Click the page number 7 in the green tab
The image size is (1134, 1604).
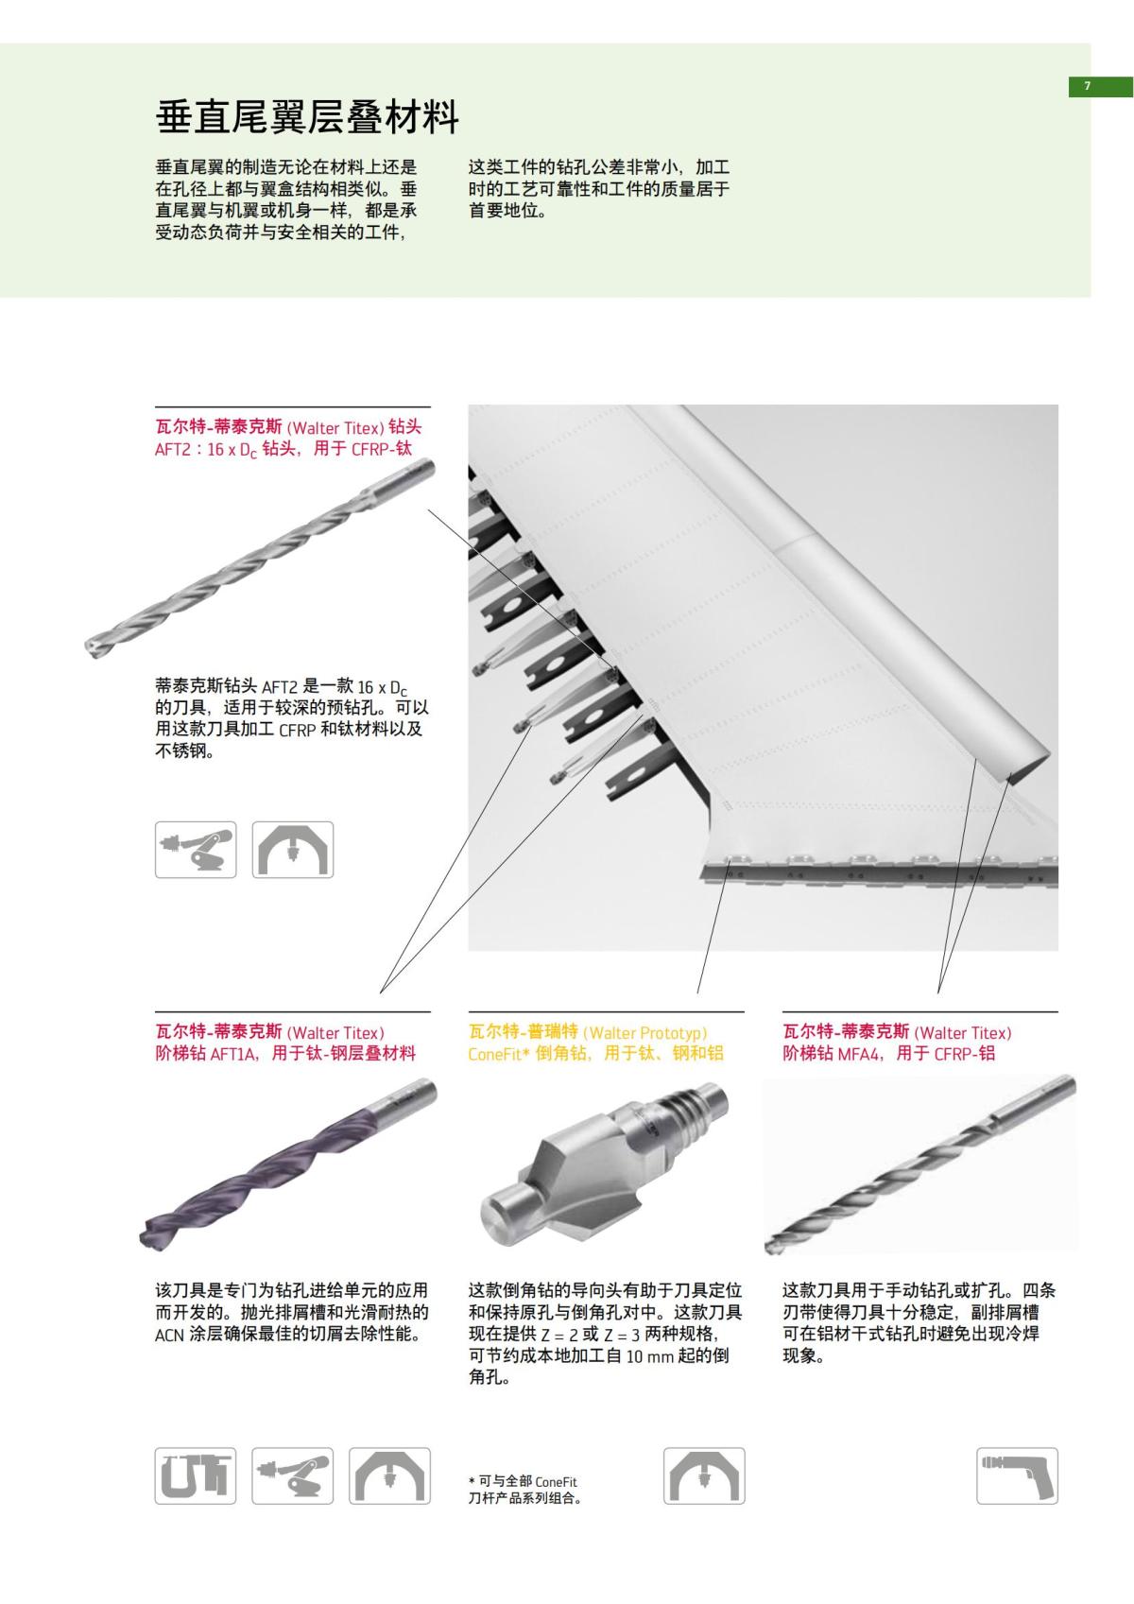tap(1087, 86)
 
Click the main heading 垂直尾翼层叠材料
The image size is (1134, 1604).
tap(307, 118)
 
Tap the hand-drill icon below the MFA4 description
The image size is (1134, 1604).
tap(1017, 1475)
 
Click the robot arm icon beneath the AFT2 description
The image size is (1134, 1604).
tap(197, 850)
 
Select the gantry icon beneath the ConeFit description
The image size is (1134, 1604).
tap(704, 1475)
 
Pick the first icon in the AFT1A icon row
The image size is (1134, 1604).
tap(196, 1475)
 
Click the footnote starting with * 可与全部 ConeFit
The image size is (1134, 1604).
tap(524, 1490)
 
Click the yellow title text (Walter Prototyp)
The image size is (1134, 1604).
tap(645, 1033)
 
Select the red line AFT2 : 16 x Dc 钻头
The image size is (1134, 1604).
tap(283, 450)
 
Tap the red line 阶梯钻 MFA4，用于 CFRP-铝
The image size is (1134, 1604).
tap(888, 1053)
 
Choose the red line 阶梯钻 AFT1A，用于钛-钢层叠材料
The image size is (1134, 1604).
tap(285, 1053)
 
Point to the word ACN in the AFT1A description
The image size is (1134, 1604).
tap(170, 1336)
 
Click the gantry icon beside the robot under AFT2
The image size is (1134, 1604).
tap(293, 850)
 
